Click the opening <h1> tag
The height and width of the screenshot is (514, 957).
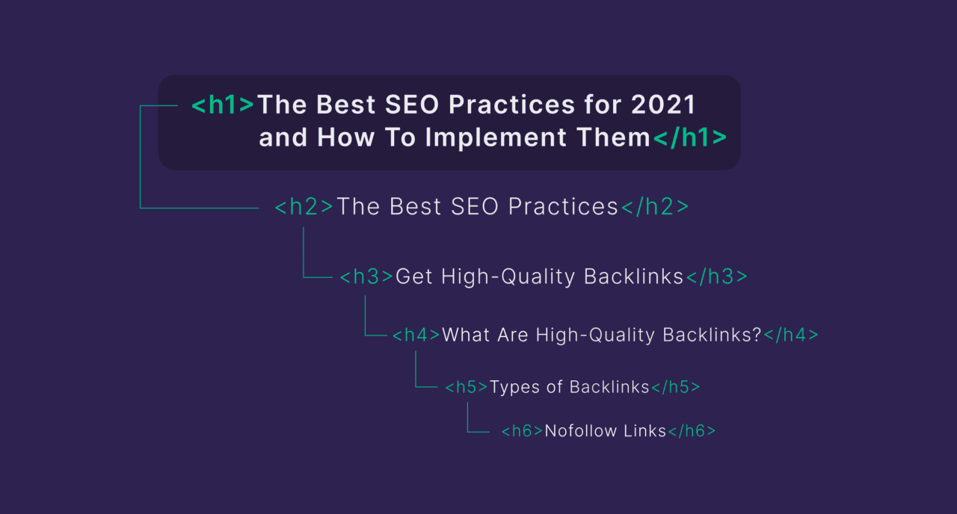coord(223,105)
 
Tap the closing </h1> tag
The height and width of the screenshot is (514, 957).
coord(689,138)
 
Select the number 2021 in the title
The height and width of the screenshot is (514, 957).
coord(663,105)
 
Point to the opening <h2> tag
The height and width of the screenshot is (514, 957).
coord(304,208)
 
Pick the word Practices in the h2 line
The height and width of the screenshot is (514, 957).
coord(562,208)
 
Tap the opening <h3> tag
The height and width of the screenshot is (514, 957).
coord(366,277)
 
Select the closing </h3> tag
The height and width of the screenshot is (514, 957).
coord(716,277)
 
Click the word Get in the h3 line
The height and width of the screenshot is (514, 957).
coord(414,277)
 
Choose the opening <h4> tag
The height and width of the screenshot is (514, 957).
coord(416,335)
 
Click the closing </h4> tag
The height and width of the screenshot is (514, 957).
coord(791,335)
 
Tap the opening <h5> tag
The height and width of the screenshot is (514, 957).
coord(467,387)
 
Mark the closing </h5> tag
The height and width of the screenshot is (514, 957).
coord(676,387)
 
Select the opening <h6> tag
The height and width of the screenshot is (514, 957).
coord(522,431)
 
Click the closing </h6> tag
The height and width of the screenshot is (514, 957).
coord(692,431)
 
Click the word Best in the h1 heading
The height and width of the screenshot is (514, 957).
coord(346,105)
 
